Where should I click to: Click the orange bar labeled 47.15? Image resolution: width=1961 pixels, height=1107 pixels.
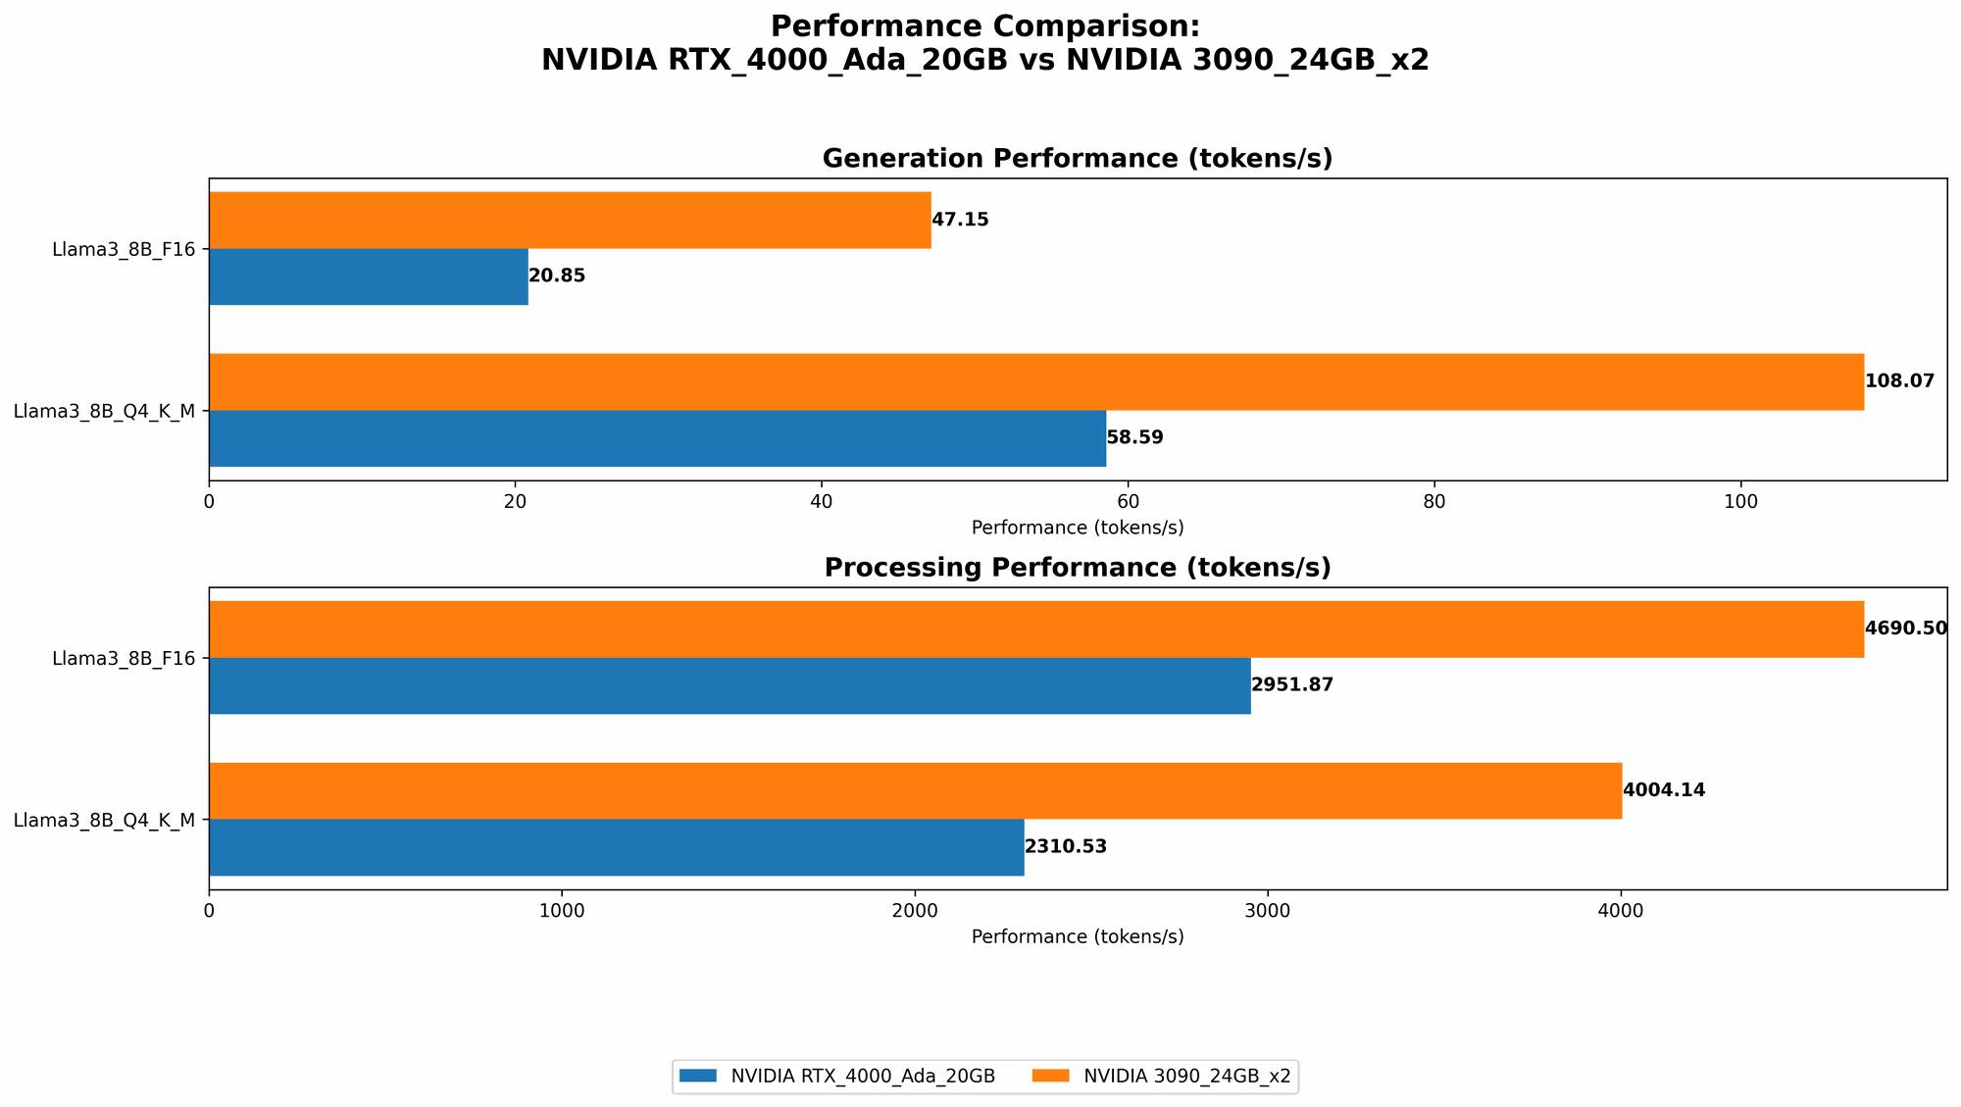click(x=570, y=220)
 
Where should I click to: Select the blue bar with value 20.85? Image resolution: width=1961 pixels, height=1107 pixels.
click(x=369, y=277)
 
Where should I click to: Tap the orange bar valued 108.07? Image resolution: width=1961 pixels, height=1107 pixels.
click(x=1036, y=381)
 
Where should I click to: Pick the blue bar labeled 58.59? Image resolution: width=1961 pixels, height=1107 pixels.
click(x=657, y=438)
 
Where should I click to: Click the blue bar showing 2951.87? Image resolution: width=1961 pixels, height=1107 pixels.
click(x=729, y=685)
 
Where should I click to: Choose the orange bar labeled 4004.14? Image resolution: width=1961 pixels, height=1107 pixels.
click(x=915, y=790)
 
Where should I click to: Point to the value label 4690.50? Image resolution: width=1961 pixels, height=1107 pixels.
click(x=1905, y=629)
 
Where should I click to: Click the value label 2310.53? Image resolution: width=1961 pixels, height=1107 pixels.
click(x=1066, y=847)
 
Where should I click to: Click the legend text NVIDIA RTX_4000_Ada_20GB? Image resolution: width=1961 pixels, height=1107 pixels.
click(x=863, y=1076)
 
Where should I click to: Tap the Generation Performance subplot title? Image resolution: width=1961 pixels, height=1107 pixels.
click(x=1078, y=159)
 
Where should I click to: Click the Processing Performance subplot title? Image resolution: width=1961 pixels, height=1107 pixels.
click(x=1078, y=568)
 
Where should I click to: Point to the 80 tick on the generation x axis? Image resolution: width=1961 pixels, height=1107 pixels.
click(x=1434, y=501)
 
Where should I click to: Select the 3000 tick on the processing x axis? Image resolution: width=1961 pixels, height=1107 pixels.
click(x=1268, y=911)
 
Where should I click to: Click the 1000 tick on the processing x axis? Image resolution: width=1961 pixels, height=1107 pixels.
click(x=562, y=911)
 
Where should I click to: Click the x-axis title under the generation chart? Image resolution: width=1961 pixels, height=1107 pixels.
click(x=1078, y=528)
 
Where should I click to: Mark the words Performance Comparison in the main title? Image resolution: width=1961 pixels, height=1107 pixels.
click(x=984, y=26)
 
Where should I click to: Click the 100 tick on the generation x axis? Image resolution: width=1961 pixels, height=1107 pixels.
click(x=1740, y=501)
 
